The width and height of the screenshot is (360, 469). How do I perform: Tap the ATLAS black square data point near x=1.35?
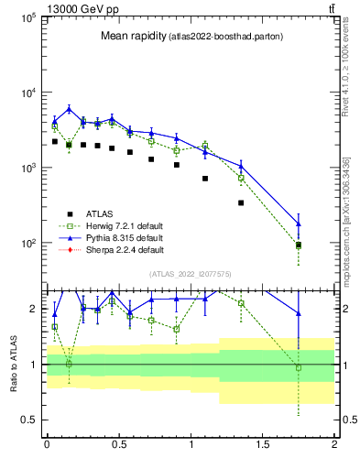pyautogui.click(x=241, y=202)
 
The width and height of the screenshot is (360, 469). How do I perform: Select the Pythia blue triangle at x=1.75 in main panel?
pyautogui.click(x=299, y=224)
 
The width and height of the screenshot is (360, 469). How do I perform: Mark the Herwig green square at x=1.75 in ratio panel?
pyautogui.click(x=299, y=367)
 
